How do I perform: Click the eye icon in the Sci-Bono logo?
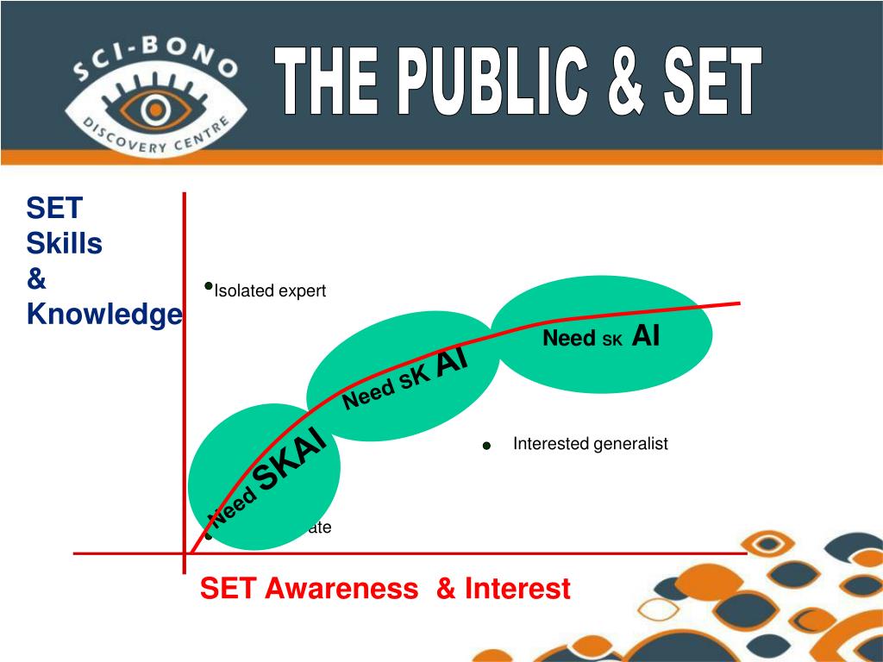[155, 109]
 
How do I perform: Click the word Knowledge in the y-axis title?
[104, 315]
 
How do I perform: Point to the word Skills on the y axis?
[65, 244]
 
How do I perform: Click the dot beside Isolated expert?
[208, 285]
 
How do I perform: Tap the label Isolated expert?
[270, 291]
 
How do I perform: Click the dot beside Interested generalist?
[486, 447]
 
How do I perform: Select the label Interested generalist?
[590, 444]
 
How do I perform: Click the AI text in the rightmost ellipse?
[645, 337]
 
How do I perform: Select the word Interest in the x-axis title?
[517, 589]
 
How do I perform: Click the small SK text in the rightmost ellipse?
[611, 340]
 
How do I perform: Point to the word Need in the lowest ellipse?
[234, 507]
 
